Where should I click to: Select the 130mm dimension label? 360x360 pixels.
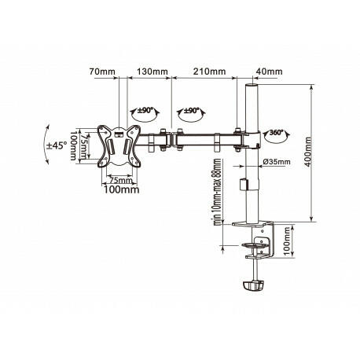152,72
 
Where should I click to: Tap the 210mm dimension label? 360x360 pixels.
209,72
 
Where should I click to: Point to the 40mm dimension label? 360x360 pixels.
269,72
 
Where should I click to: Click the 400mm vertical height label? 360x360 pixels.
308,152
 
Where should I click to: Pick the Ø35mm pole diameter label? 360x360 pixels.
277,162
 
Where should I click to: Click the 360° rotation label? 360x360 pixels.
277,132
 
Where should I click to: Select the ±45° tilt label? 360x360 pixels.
57,145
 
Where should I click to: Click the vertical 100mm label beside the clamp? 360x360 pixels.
288,241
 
